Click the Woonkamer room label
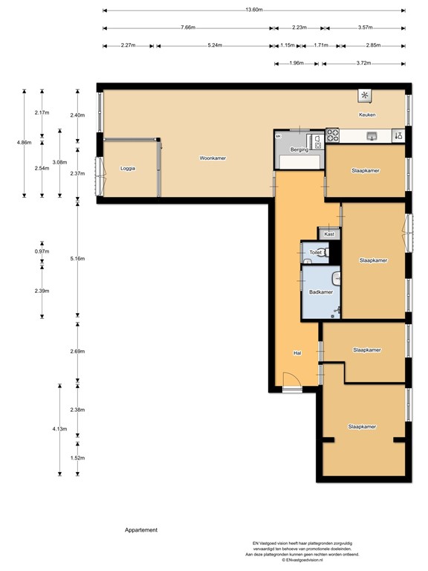click(213, 158)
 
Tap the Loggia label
click(128, 169)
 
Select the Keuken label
click(367, 115)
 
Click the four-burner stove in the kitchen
click(334, 135)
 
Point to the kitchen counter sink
click(372, 135)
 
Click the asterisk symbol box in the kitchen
click(365, 95)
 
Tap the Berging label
click(299, 150)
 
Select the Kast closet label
click(329, 234)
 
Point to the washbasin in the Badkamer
click(337, 279)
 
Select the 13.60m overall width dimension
click(253, 10)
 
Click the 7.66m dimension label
click(187, 28)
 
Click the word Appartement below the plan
click(141, 530)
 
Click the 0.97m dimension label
click(42, 251)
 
